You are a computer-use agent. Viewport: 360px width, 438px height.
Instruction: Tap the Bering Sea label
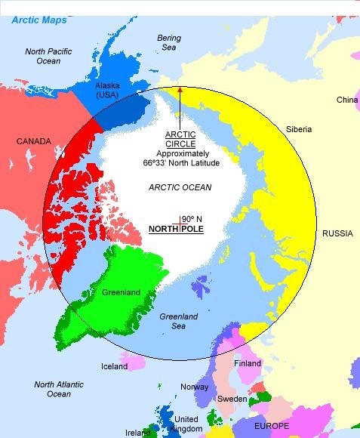169,42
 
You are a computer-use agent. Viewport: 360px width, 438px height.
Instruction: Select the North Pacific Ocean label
48,57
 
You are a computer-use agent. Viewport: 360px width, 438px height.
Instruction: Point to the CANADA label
33,141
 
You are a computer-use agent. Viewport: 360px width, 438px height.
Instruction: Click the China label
346,100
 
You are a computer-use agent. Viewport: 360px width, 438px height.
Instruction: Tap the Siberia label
298,129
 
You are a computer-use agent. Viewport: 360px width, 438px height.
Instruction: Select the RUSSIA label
337,233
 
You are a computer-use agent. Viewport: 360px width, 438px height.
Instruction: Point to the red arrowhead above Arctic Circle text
180,90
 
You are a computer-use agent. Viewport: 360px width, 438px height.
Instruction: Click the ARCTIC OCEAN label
180,187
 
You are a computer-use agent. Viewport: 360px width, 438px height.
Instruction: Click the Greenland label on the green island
120,293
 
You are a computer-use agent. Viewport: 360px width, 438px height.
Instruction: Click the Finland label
248,363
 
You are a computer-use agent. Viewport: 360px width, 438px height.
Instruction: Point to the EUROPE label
271,427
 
